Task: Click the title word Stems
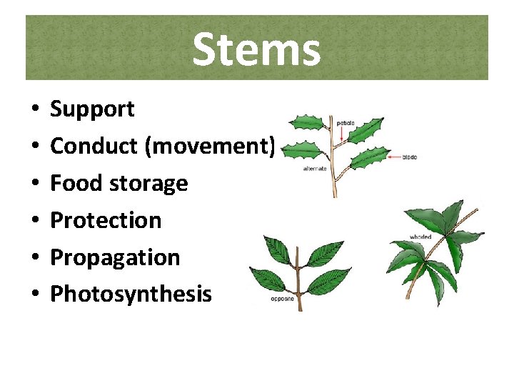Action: pos(256,50)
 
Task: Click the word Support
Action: pos(92,109)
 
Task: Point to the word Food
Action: pos(76,183)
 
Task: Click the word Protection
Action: pos(106,220)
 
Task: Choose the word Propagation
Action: pos(115,258)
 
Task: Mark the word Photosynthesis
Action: pos(131,294)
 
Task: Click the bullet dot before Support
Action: pos(34,110)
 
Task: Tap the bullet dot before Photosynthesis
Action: pos(34,295)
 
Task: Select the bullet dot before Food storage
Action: pos(34,184)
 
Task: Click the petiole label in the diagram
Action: pos(346,123)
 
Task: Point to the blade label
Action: pos(410,157)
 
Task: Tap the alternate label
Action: pos(314,169)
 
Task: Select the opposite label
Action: pos(281,300)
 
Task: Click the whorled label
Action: pos(420,237)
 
